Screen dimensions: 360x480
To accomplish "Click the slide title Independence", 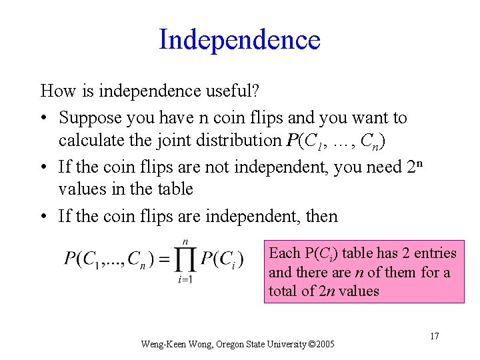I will [239, 39].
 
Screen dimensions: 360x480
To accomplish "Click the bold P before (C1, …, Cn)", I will [291, 141].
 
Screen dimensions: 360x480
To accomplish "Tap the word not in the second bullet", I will [201, 167].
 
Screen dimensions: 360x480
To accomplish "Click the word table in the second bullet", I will [175, 189].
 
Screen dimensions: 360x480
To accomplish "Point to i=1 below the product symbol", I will [185, 280].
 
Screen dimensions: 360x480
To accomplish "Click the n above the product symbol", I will [185, 241].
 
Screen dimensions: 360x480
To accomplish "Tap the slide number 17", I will [434, 336].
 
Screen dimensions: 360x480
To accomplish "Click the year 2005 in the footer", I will [322, 345].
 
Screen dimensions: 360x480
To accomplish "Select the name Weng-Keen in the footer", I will [157, 345].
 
